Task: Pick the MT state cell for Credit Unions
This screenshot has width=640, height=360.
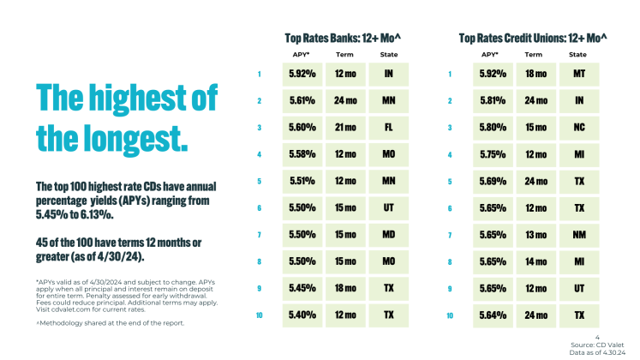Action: coord(578,74)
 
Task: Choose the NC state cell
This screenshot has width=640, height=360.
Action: coord(578,128)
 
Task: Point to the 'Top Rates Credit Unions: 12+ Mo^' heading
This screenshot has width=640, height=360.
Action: coord(533,38)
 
